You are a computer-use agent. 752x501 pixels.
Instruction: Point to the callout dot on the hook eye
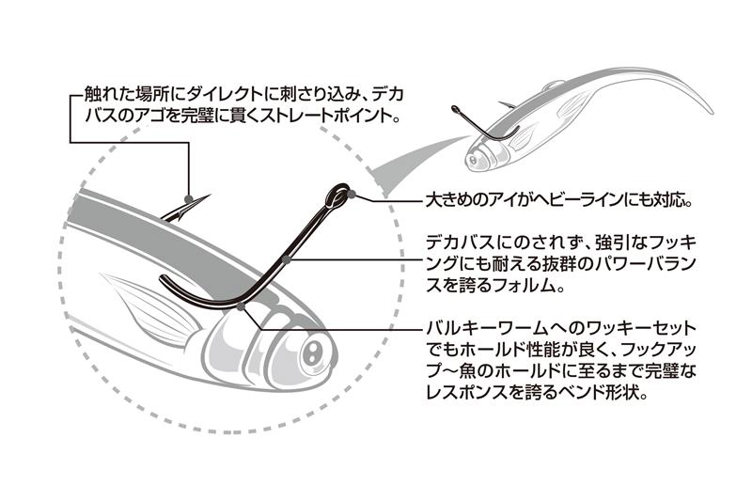coord(351,195)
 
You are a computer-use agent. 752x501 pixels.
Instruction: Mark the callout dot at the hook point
coord(189,199)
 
